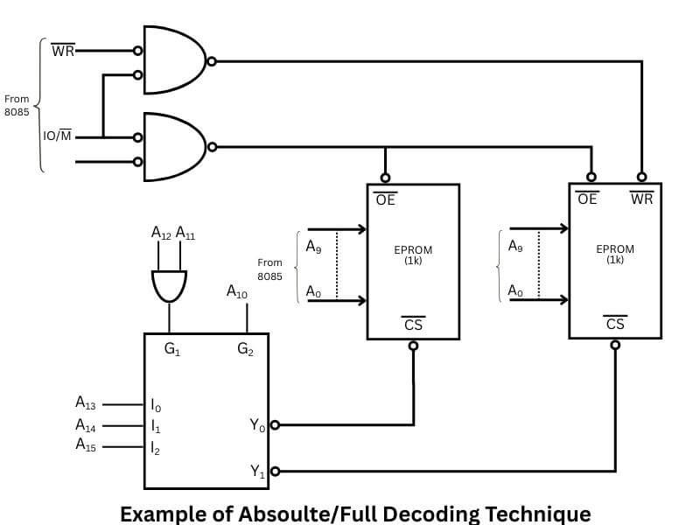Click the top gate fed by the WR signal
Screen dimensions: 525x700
[x=173, y=61]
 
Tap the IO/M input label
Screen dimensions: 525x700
[x=58, y=136]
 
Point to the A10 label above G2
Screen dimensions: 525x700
[x=237, y=291]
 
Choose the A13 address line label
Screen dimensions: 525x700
[x=86, y=403]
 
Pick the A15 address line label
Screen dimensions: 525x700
[x=86, y=445]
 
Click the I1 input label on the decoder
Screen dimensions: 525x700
[x=156, y=427]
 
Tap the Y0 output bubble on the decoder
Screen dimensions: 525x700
[x=275, y=426]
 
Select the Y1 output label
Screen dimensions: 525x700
[x=257, y=472]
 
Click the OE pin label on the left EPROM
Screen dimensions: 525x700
[x=385, y=199]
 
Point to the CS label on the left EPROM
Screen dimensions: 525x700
[x=413, y=325]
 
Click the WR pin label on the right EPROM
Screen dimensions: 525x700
[x=641, y=199]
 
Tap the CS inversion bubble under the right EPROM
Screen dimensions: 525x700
[x=615, y=345]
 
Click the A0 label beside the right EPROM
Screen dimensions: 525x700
[x=514, y=292]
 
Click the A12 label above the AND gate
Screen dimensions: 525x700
[x=161, y=233]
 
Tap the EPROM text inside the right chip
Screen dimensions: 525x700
[x=614, y=249]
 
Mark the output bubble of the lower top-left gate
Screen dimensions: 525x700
[x=210, y=146]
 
